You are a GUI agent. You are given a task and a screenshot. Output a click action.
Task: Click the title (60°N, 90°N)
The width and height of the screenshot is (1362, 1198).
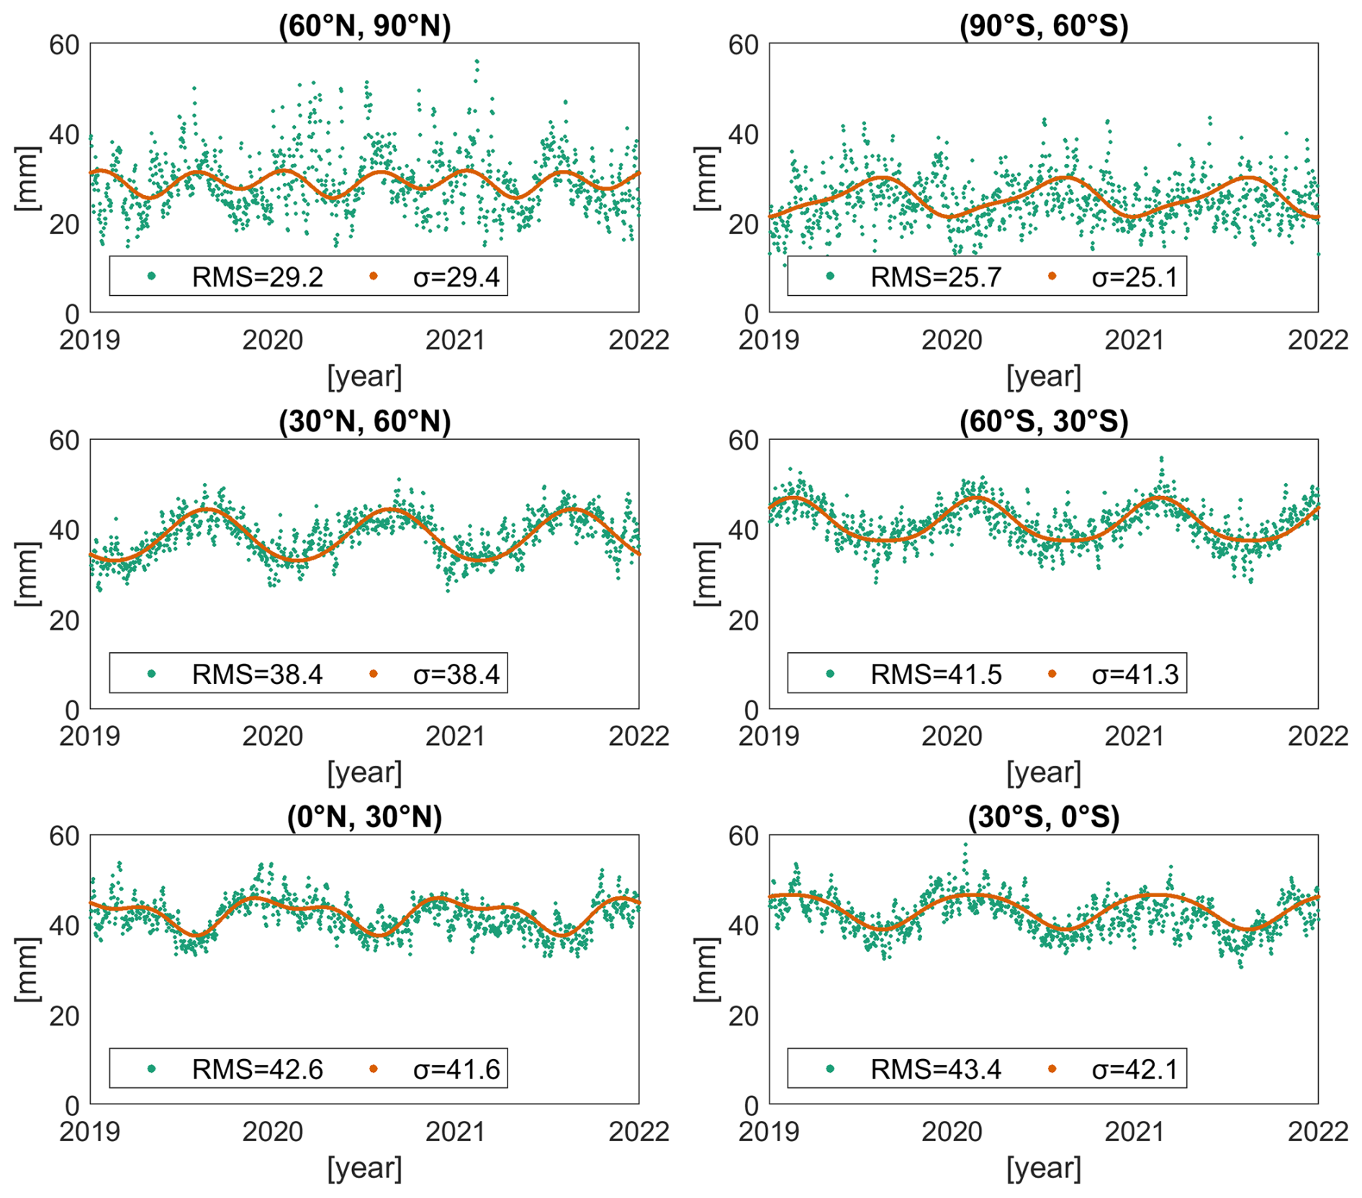364,25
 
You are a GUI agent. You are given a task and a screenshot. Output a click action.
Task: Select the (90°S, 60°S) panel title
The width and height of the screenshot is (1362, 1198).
1043,25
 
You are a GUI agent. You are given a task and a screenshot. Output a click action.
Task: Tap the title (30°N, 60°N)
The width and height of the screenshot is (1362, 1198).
364,421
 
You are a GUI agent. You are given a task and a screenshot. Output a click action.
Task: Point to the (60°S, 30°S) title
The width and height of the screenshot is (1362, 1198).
1043,421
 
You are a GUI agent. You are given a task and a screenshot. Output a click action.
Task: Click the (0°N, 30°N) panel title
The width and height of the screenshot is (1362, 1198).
364,817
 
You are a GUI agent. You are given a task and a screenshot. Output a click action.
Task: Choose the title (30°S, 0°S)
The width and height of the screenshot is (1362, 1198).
1043,817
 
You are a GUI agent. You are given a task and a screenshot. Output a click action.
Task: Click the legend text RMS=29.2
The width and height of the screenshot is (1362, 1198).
257,277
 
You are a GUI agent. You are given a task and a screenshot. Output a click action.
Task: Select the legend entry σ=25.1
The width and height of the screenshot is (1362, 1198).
1135,277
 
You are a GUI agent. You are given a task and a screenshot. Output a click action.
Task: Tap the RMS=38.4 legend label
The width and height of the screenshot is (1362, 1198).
257,675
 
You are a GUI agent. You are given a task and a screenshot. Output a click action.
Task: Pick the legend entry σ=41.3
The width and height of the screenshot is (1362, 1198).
1135,675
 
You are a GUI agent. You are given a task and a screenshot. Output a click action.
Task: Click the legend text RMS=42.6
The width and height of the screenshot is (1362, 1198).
257,1070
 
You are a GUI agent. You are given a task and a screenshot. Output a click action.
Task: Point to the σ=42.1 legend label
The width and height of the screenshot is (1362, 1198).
1135,1070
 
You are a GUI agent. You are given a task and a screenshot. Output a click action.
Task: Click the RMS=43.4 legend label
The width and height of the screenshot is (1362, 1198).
936,1070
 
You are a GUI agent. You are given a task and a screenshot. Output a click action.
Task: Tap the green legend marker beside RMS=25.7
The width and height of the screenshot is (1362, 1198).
830,276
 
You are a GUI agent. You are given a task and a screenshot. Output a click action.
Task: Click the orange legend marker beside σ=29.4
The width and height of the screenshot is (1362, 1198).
373,276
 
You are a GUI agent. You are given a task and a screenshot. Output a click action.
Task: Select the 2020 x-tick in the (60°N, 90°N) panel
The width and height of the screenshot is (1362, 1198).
272,340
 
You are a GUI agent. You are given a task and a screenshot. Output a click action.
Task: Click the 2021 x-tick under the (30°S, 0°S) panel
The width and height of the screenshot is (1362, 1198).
1135,1132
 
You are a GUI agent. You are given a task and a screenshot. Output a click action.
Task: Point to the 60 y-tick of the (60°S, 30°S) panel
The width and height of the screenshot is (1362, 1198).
744,441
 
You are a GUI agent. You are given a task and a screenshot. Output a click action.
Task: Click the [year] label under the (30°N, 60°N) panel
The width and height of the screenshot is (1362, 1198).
364,773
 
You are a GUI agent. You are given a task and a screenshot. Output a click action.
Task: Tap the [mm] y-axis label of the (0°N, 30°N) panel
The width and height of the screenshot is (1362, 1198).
27,969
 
